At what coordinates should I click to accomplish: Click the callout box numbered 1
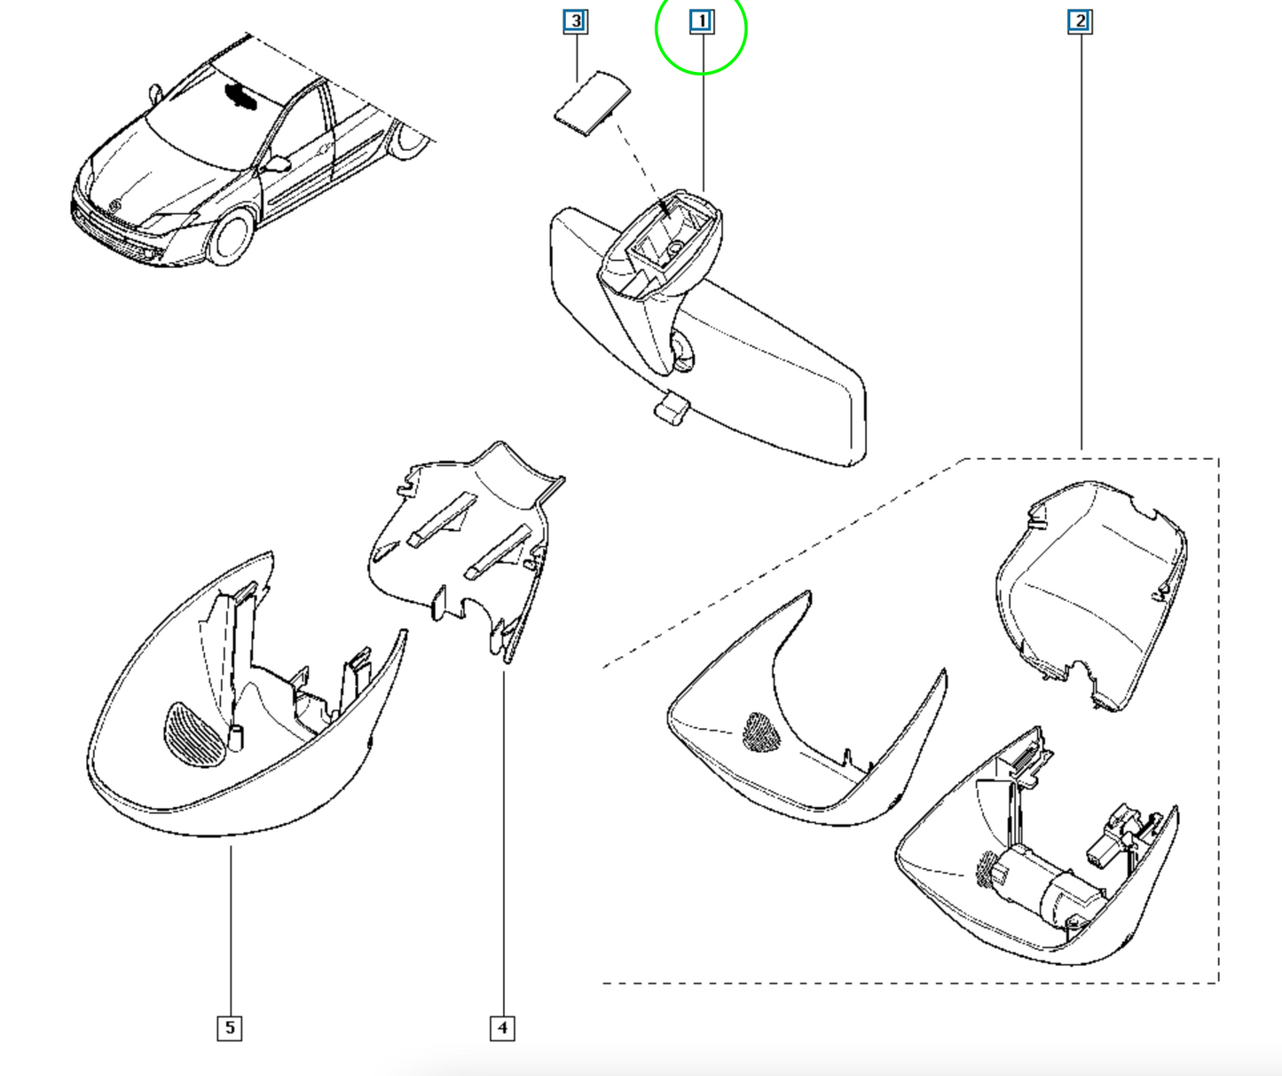pos(702,21)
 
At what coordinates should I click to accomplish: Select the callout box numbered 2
pos(1080,21)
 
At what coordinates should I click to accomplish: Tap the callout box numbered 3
pos(575,21)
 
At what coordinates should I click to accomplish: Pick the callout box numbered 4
pos(502,1028)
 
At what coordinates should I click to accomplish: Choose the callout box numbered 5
pos(230,1028)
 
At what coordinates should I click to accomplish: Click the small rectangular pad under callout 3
pos(593,103)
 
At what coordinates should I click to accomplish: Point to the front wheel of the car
pos(231,237)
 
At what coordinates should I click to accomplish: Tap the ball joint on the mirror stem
pos(683,353)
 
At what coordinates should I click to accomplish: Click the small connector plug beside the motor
pos(1111,841)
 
